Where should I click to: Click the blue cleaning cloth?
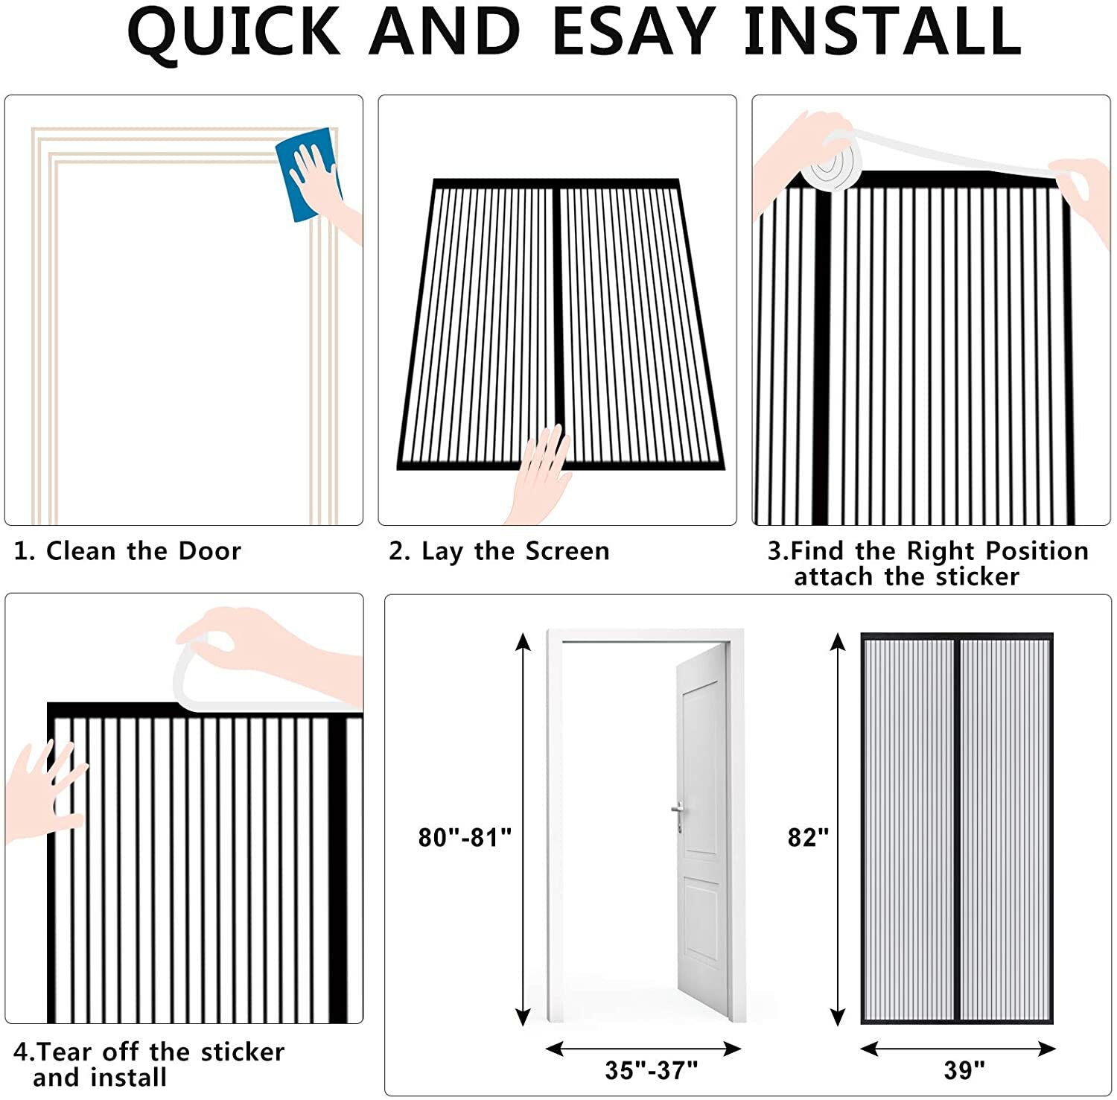click(x=307, y=175)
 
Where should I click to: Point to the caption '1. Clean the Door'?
click(x=127, y=551)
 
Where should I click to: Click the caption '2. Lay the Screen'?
click(x=499, y=551)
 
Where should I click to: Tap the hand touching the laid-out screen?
click(x=542, y=473)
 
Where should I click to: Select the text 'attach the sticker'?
click(x=906, y=577)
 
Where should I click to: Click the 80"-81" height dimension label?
click(x=465, y=837)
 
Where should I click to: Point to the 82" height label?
click(x=808, y=837)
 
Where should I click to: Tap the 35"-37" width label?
click(x=651, y=1070)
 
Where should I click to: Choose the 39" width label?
click(x=964, y=1070)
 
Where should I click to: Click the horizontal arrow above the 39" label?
click(x=958, y=1049)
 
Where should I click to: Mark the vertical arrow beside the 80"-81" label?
click(x=524, y=829)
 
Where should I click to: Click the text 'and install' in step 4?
click(x=100, y=1078)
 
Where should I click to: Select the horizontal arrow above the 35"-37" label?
click(x=643, y=1049)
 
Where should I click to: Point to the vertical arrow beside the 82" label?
click(x=838, y=829)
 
